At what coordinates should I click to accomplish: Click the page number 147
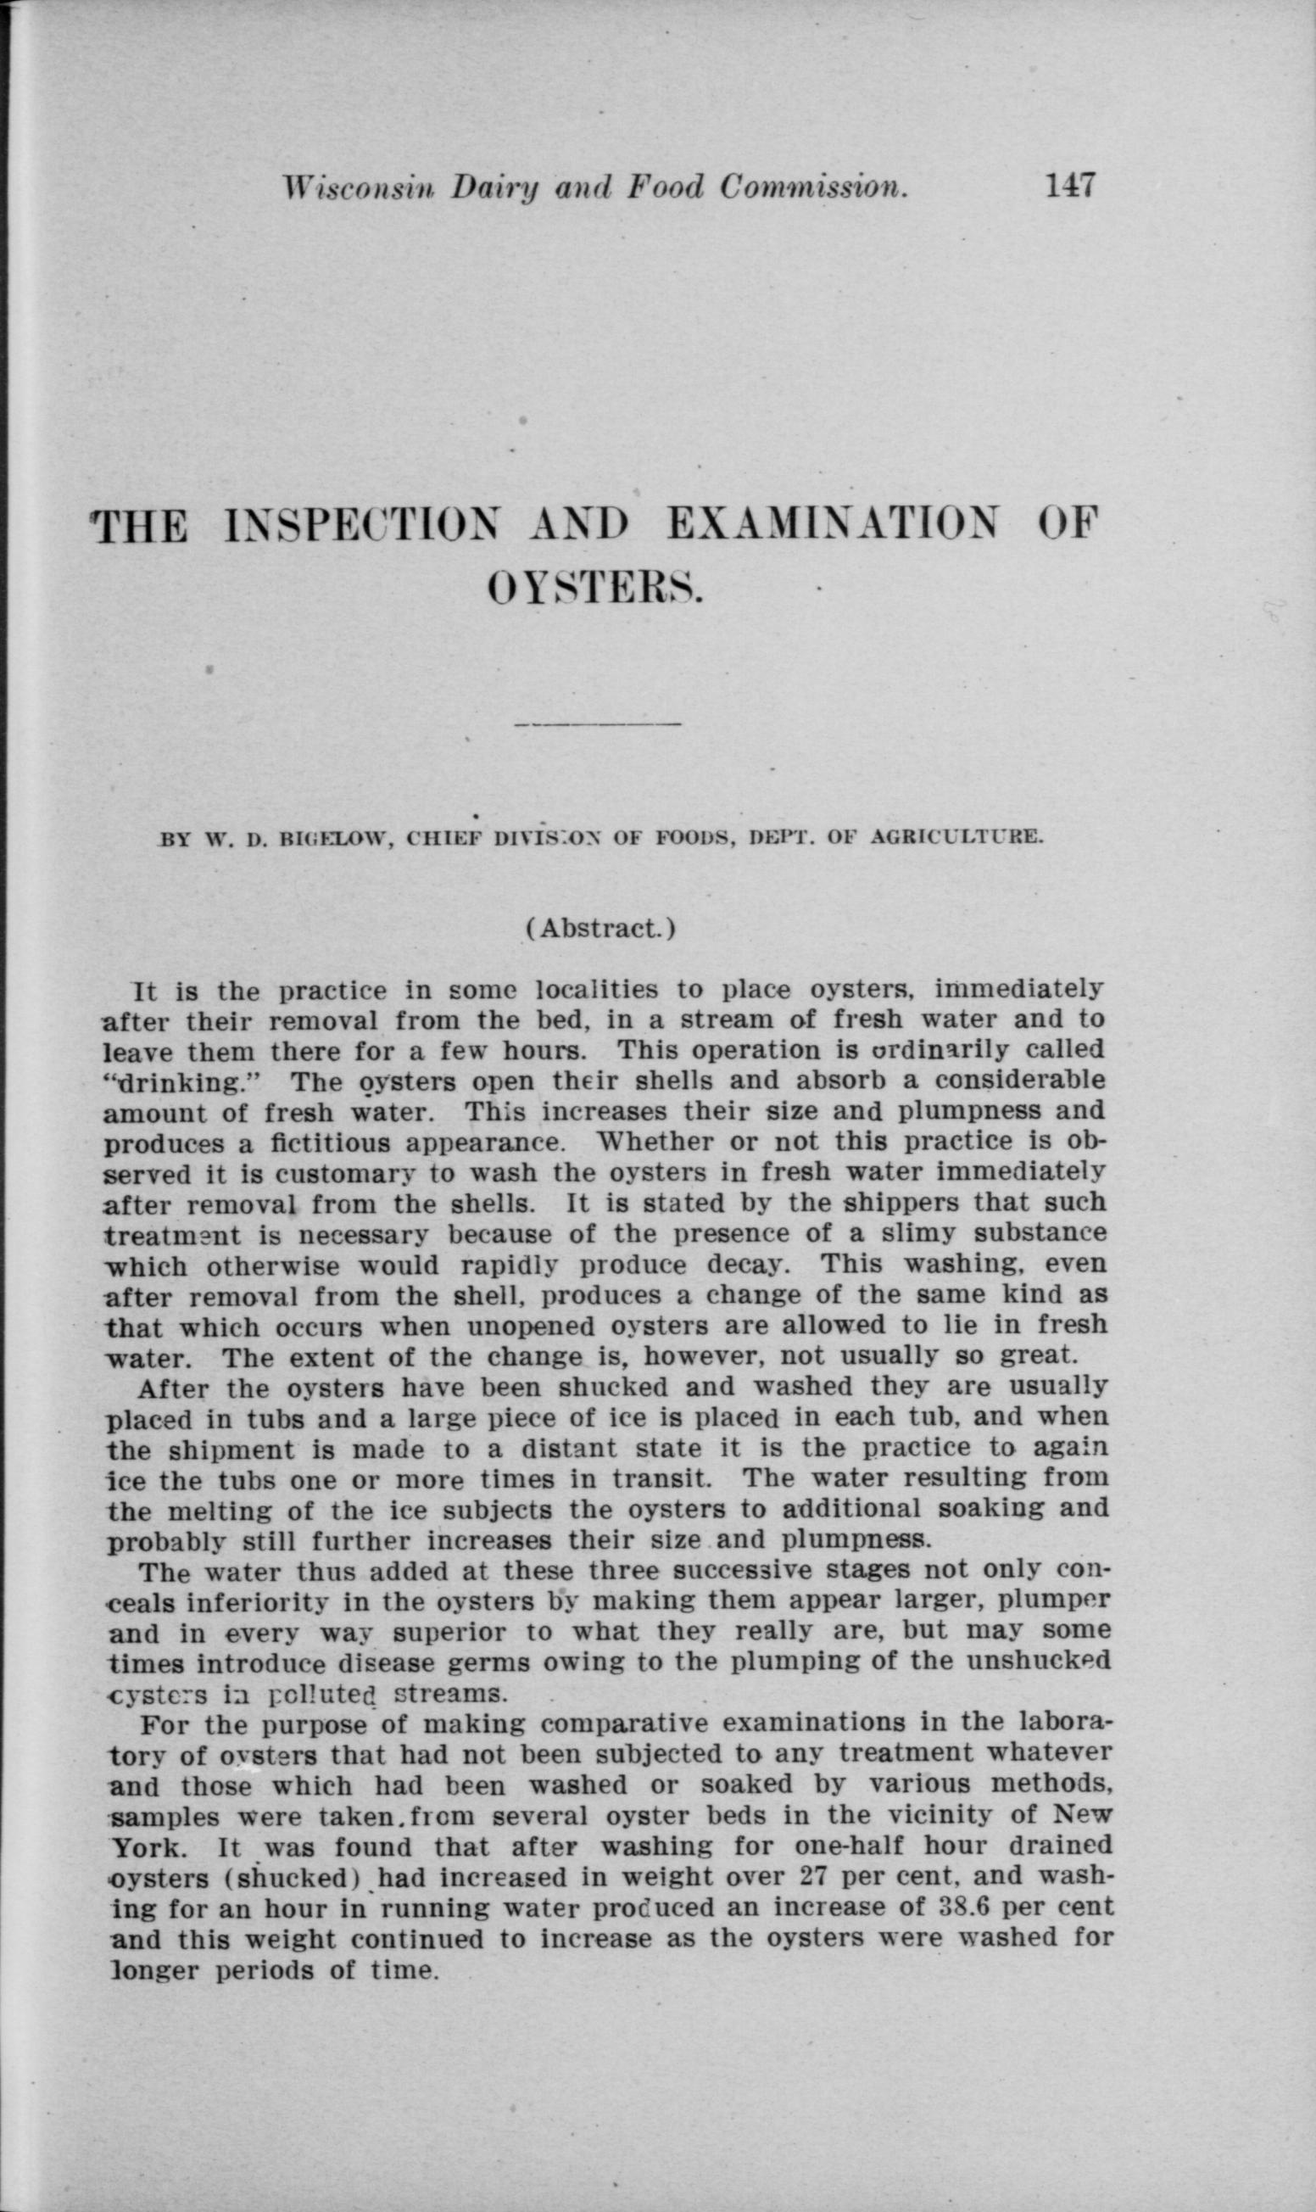[x=1071, y=186]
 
